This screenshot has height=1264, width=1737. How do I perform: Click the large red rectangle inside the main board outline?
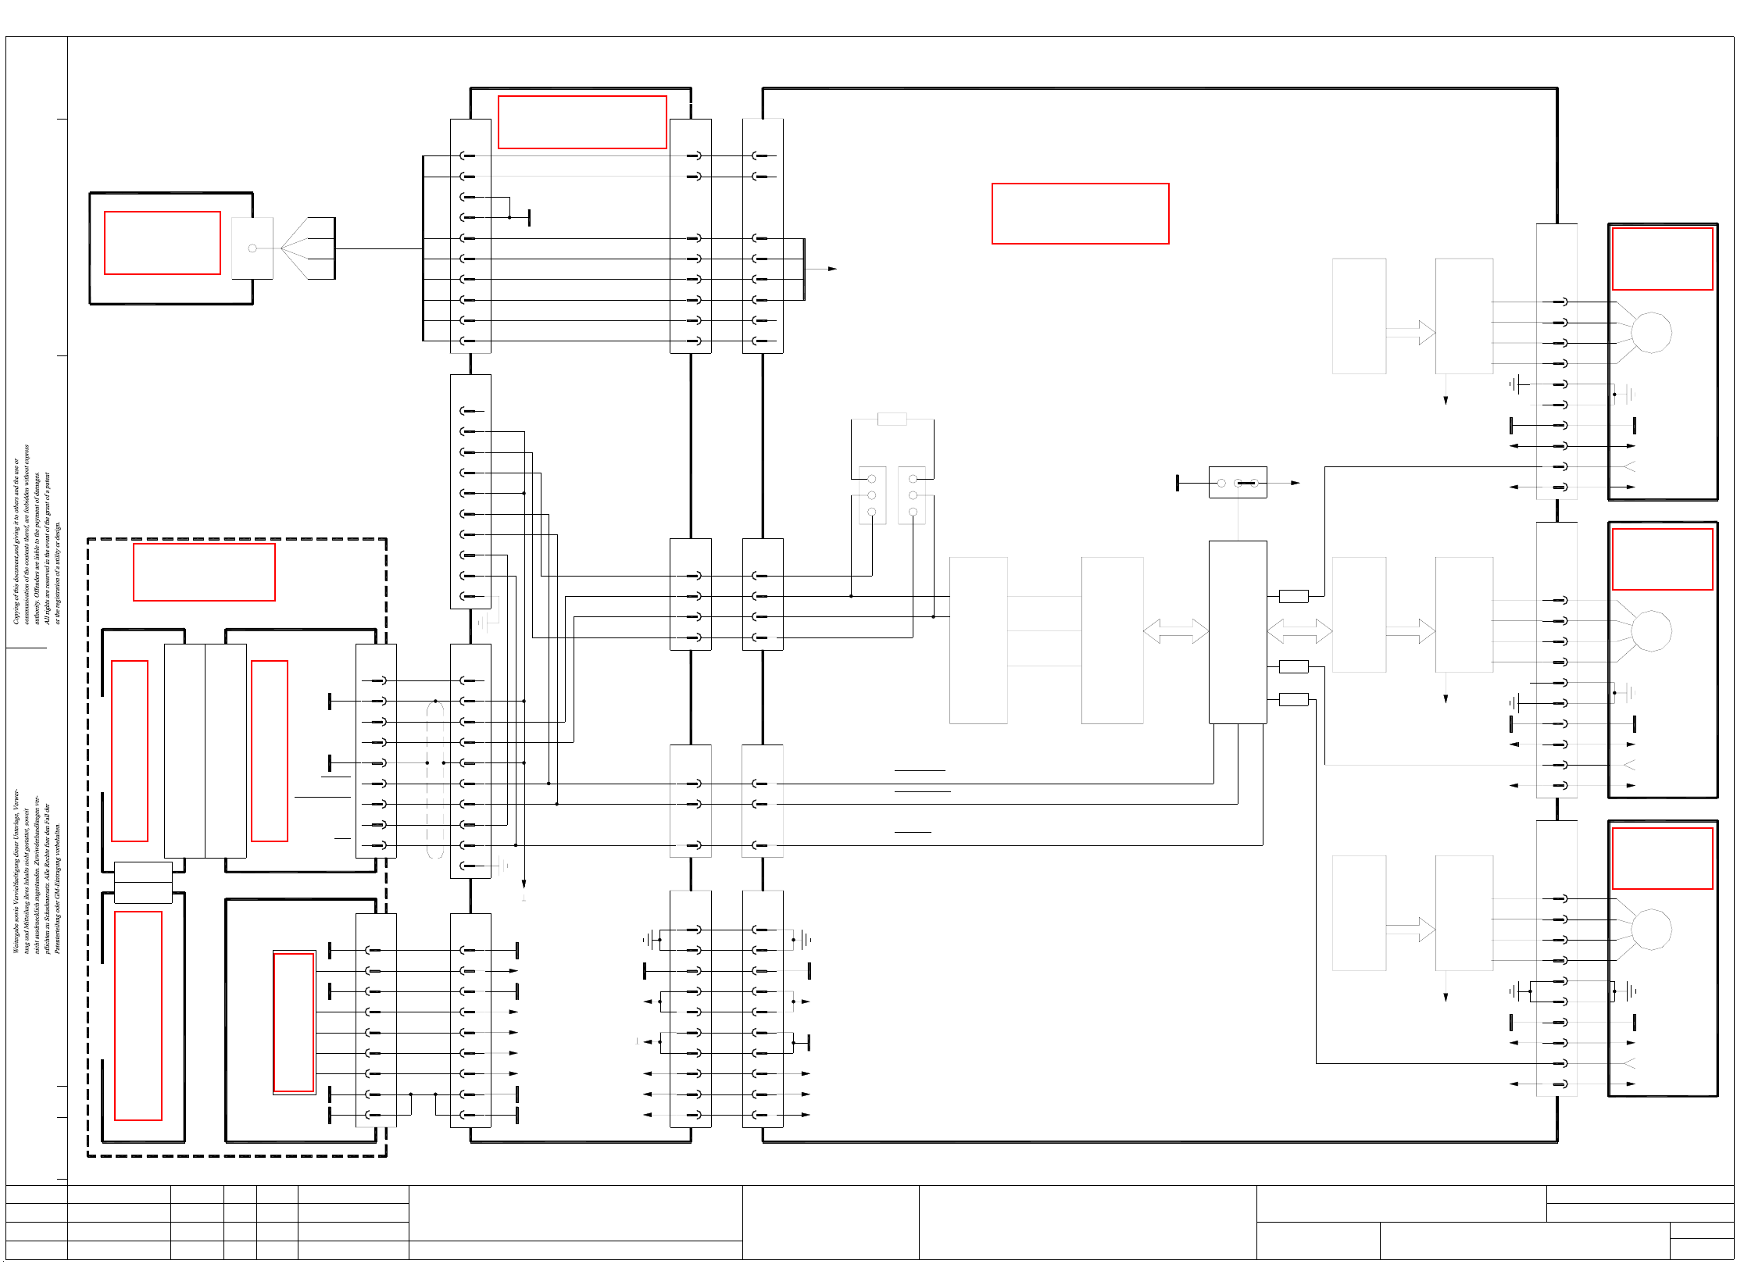[1080, 213]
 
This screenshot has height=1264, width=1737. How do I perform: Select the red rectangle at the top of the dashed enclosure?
[204, 572]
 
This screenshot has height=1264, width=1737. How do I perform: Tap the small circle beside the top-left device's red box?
[252, 248]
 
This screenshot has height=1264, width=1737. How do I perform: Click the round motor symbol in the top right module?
[1651, 332]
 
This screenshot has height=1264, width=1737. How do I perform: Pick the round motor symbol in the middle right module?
[1651, 630]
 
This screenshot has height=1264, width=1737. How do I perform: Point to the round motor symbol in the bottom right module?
[1651, 929]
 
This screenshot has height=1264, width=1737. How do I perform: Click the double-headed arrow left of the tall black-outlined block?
[1175, 630]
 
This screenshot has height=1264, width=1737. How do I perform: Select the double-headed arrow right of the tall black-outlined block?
[1299, 630]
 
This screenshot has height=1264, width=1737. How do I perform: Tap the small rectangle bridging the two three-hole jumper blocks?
[892, 419]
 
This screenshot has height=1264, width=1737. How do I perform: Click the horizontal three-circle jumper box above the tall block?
[1238, 483]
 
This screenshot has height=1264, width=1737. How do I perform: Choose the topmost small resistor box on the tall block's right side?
[1293, 596]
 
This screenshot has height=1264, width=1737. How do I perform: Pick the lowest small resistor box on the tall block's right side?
[1293, 699]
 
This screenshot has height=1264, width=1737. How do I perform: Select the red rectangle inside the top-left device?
[163, 243]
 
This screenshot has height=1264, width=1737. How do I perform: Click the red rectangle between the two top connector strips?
[582, 122]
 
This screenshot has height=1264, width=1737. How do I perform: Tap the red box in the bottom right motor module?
[1662, 858]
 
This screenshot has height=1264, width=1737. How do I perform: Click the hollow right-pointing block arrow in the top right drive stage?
[1410, 332]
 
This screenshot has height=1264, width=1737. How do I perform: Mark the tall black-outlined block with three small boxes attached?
[1238, 632]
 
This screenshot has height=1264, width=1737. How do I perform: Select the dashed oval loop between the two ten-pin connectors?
[435, 780]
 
